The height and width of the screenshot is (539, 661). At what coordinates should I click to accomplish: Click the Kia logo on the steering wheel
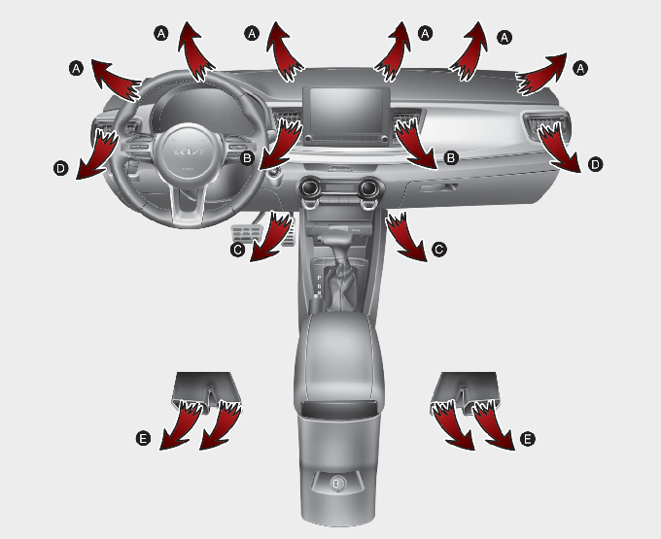pos(189,152)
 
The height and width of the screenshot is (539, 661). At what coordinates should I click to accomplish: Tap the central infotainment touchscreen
pos(346,111)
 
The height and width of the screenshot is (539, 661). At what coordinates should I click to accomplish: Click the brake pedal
pos(247,232)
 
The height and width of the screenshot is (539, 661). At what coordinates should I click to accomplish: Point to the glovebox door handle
pos(438,187)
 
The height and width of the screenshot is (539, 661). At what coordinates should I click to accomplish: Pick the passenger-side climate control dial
pos(370,187)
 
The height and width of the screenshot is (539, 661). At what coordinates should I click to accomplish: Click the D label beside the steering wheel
pos(60,169)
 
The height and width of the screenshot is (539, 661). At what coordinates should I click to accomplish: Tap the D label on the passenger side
pos(595,164)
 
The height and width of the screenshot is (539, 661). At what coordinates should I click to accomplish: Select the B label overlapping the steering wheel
pos(247,158)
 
